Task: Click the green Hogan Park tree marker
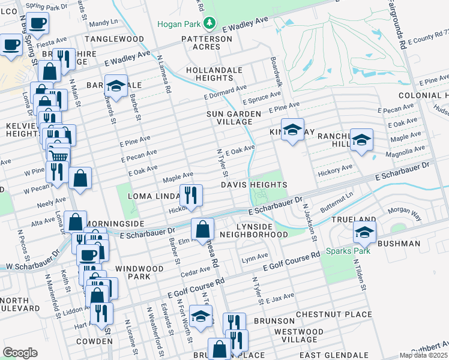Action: point(209,24)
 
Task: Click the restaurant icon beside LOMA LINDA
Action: point(191,195)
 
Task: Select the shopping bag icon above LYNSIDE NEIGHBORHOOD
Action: point(203,229)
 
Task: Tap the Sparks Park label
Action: point(348,251)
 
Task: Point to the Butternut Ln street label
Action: point(337,199)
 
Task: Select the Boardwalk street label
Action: point(277,71)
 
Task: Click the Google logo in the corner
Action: point(20,353)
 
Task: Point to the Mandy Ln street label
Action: point(103,22)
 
